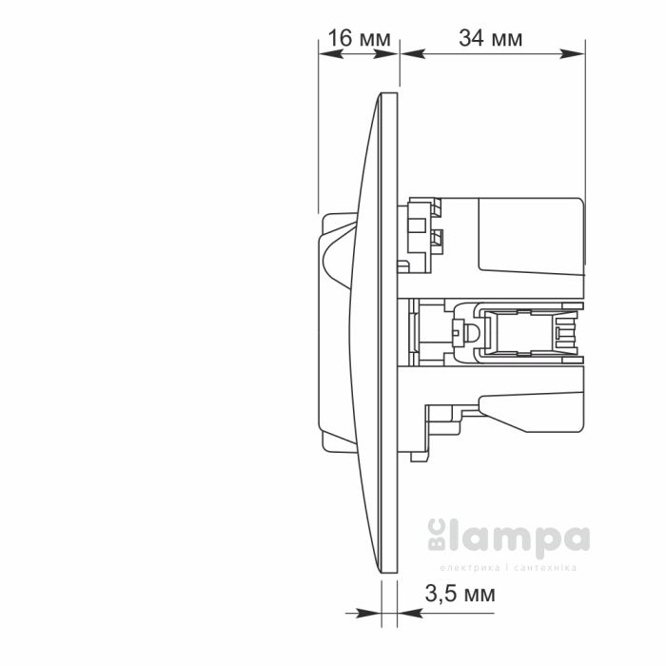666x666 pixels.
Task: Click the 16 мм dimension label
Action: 359,38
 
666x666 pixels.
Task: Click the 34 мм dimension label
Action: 490,38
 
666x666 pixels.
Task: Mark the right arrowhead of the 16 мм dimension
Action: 392,54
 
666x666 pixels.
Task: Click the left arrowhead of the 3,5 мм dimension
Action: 374,614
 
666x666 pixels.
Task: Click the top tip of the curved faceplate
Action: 390,93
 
